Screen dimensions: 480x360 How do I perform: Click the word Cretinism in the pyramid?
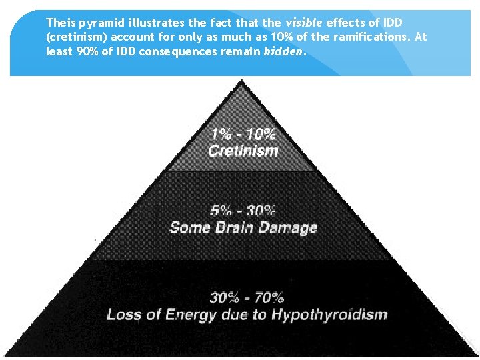[243, 151]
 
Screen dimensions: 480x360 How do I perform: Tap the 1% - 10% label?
[243, 133]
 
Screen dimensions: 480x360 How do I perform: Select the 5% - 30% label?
[243, 211]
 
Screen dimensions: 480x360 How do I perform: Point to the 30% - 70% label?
[247, 298]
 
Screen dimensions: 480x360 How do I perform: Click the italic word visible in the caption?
[303, 23]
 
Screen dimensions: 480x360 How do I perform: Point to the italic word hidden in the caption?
[283, 51]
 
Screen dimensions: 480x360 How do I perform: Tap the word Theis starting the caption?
[60, 23]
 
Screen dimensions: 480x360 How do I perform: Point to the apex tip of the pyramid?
[242, 81]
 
